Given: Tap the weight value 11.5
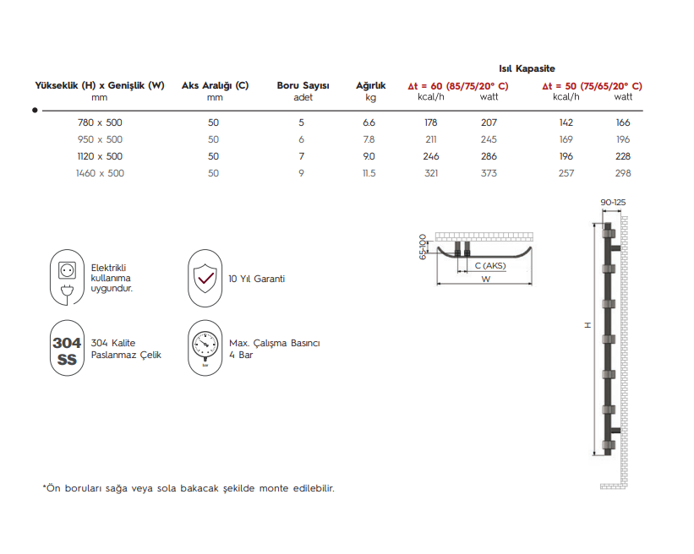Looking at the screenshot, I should pos(369,173).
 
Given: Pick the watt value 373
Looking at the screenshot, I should pos(489,173).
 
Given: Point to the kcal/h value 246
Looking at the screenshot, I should pos(431,156).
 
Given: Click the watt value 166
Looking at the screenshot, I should pos(623,122).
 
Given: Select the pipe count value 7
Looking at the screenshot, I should pos(301,156).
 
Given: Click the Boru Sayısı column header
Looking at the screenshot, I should pos(303,85).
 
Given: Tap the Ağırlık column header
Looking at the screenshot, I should pos(370,85).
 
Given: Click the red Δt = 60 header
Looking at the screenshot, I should pos(457,85).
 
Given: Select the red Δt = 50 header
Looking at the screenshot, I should pos(592,85).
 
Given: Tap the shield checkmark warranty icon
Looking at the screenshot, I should pos(204,278).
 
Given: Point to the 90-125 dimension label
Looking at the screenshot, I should pos(613,203).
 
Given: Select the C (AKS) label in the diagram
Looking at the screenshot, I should pos(489,265).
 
